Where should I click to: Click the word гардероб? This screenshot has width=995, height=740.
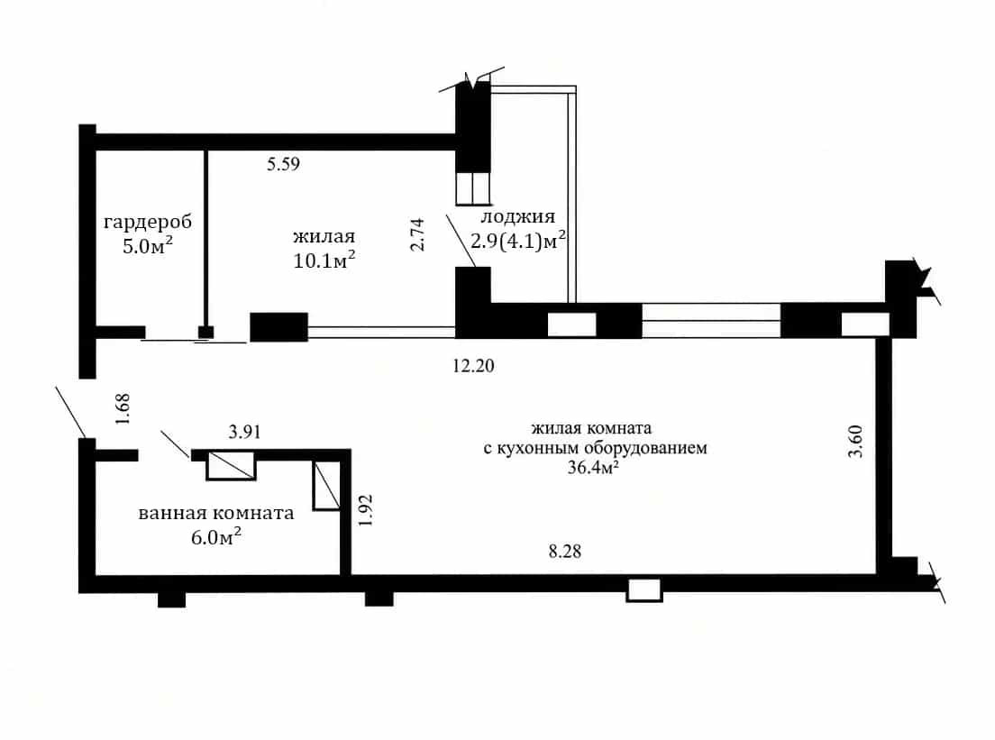click(147, 223)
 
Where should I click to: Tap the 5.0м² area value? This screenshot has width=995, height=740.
click(148, 245)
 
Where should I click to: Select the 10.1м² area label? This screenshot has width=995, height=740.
click(324, 260)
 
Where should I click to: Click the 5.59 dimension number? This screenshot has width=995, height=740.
click(283, 164)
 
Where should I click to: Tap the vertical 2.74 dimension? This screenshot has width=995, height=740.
click(417, 235)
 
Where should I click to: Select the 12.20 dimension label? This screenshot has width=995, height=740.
click(473, 366)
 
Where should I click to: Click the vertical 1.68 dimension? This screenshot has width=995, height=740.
click(123, 409)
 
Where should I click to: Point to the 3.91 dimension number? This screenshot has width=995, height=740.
click(245, 433)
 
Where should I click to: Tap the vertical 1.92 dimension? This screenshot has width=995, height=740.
click(366, 511)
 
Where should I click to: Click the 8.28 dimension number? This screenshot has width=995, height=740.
click(565, 552)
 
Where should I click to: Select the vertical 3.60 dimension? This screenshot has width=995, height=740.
click(855, 442)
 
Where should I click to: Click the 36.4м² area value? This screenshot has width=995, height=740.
click(593, 468)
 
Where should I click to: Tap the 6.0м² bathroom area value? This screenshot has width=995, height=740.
click(215, 537)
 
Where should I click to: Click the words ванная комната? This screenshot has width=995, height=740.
click(215, 514)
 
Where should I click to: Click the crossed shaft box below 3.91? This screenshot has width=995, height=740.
click(231, 465)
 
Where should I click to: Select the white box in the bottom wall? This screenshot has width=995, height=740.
click(644, 590)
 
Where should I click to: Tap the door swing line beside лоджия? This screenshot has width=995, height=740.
click(461, 241)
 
